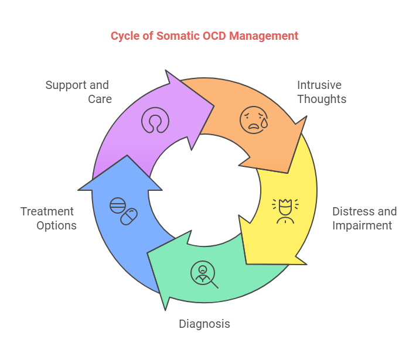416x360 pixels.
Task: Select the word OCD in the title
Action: [214, 36]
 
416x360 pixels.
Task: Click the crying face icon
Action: [254, 120]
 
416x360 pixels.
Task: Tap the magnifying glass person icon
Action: [203, 274]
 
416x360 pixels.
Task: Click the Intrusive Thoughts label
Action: [322, 92]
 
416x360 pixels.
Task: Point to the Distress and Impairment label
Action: [364, 218]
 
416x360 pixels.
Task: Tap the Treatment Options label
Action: [48, 218]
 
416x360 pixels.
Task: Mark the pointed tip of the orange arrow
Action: [288, 172]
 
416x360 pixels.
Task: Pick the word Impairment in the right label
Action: [362, 225]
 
